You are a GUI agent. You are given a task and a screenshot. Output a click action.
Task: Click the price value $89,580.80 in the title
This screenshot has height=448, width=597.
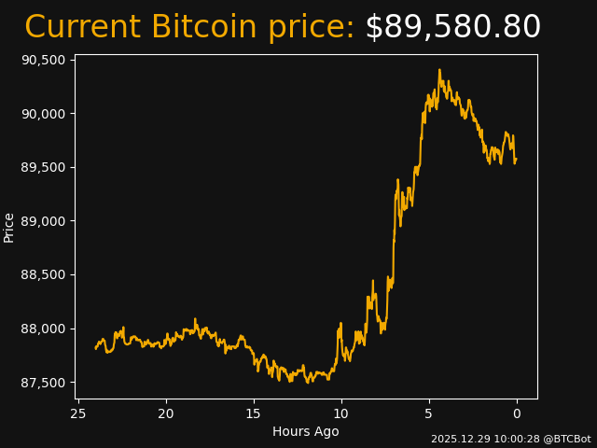point(452,28)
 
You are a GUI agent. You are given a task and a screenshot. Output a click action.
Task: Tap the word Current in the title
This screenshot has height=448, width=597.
point(83,28)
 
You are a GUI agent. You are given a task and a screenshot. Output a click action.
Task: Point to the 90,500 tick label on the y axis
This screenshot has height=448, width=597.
point(44,60)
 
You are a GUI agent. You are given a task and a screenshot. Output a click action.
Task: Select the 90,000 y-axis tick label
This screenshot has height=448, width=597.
point(44,114)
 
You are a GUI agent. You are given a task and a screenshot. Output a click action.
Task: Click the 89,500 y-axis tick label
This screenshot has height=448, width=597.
point(44,167)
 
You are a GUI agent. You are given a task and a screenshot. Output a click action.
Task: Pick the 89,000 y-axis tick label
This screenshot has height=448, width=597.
point(44,221)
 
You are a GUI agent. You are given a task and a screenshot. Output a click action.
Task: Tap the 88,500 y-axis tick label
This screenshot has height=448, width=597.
point(44,275)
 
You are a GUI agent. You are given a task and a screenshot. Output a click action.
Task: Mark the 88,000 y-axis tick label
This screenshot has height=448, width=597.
point(44,329)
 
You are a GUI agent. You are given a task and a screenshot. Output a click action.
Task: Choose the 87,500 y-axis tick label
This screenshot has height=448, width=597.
point(44,383)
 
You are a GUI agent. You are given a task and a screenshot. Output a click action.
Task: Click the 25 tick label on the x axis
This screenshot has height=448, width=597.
point(78,413)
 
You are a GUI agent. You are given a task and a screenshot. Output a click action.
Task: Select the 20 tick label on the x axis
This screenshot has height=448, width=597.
point(166,413)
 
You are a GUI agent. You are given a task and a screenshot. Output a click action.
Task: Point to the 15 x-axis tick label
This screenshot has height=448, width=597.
point(254,413)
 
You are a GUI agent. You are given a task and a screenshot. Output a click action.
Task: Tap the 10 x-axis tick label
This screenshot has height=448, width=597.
point(341,413)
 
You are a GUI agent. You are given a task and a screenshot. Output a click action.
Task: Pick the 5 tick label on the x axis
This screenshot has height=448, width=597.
point(429,413)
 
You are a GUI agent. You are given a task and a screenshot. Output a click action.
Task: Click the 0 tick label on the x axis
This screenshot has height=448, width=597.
point(517,413)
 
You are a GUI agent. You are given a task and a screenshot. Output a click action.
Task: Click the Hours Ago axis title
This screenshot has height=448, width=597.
point(306,431)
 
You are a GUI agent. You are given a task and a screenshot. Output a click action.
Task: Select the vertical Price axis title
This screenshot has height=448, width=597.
point(9,227)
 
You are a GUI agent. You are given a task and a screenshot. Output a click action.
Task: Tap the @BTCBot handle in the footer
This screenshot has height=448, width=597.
point(566,439)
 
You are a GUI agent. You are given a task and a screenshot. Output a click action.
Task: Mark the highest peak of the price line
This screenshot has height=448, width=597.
point(439,70)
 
